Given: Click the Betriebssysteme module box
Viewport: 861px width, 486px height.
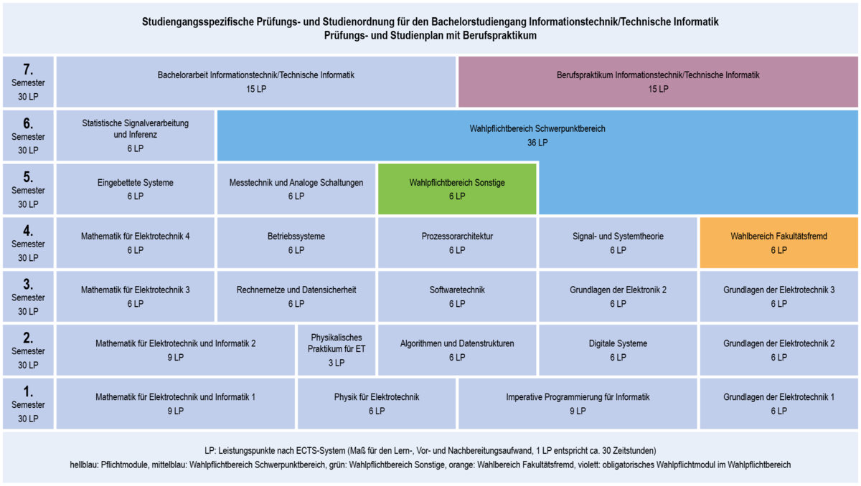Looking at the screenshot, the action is [x=296, y=242].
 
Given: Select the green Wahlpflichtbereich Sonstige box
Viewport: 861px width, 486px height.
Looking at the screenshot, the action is [x=457, y=189].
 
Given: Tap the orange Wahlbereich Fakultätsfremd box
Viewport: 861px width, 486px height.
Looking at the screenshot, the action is [x=778, y=242].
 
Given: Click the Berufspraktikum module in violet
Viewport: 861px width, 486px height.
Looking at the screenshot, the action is [x=658, y=82].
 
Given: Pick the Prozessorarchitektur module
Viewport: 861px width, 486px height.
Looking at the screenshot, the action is [x=457, y=242].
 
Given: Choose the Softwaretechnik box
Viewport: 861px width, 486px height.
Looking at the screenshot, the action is [x=457, y=296].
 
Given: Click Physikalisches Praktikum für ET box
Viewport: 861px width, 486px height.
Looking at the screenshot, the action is [x=337, y=350].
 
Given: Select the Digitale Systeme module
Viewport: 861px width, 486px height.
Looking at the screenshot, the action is [x=618, y=350].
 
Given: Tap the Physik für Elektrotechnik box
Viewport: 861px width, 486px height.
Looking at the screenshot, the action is [x=377, y=404].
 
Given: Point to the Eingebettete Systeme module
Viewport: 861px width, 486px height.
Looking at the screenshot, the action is [x=136, y=189].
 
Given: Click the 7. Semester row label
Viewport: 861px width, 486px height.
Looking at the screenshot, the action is [x=28, y=82].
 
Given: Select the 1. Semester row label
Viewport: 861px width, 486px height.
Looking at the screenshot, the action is [x=28, y=404].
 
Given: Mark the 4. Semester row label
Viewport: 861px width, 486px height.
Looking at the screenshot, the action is [x=28, y=242].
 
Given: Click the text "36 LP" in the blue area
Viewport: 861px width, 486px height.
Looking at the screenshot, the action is [x=537, y=143].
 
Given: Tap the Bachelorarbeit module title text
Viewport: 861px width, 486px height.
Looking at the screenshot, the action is [x=256, y=75].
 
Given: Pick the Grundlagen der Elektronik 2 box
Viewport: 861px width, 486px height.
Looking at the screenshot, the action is [x=618, y=296].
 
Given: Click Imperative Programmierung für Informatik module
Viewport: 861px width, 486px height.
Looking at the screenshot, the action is [x=578, y=404].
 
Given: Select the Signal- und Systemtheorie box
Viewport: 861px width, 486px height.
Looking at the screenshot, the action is [x=618, y=242].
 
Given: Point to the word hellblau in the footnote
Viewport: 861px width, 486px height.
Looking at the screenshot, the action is [x=84, y=465].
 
